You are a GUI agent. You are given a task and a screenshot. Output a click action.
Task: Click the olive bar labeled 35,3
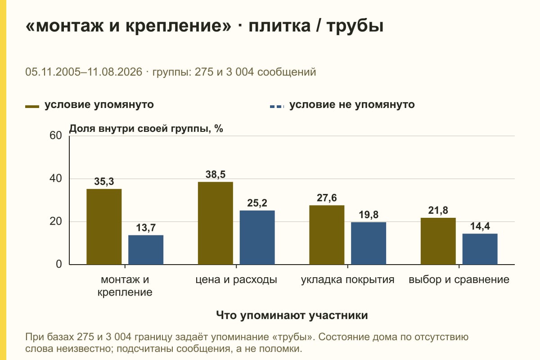coord(104,227)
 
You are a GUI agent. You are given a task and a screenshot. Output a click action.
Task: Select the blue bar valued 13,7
coord(146,250)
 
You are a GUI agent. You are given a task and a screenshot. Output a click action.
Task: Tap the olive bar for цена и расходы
coord(215,223)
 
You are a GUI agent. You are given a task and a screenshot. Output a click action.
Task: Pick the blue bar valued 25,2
coord(257,238)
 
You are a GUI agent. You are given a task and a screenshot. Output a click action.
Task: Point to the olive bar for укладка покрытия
coord(327,235)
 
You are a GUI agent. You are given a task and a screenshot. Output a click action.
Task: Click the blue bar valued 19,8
coord(369,243)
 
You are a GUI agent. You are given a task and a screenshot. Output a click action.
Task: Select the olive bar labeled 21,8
coord(438,241)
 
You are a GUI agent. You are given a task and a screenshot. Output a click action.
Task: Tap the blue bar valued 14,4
coord(480,249)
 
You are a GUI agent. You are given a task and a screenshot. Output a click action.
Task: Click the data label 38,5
coord(215,174)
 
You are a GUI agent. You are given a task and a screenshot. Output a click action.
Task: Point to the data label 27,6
coord(327,198)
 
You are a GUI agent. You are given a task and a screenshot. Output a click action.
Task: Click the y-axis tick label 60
coord(56,135)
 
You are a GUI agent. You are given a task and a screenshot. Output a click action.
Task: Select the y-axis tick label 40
coord(56,179)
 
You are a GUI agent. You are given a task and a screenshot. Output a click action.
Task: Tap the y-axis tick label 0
coord(59,264)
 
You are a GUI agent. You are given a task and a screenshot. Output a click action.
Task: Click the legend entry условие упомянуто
coord(99,105)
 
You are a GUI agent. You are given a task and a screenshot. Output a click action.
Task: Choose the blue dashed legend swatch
coord(277,106)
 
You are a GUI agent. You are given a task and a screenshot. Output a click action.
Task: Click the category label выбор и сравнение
coord(459,280)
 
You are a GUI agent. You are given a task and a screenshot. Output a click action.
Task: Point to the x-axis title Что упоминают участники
coord(292,315)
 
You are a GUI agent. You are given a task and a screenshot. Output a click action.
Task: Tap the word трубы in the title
coord(355,26)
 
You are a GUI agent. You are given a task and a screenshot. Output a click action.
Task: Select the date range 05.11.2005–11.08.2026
coord(84,72)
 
